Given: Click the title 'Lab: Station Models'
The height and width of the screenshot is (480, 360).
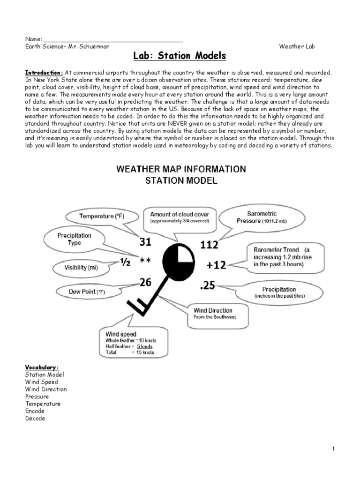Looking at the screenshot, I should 180,57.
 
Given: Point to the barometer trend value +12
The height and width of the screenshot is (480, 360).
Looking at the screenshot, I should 216,265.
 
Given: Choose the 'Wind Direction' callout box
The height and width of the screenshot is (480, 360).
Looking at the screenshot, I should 216,314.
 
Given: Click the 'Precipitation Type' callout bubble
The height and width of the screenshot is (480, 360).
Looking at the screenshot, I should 75,239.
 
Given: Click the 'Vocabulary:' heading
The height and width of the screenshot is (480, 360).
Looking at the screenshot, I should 42,367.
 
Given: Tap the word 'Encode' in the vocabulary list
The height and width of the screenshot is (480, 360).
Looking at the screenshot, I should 35,411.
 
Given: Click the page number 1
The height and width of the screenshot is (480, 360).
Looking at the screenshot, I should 334,449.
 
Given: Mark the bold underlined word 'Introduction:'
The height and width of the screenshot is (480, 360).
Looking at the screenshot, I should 44,73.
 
